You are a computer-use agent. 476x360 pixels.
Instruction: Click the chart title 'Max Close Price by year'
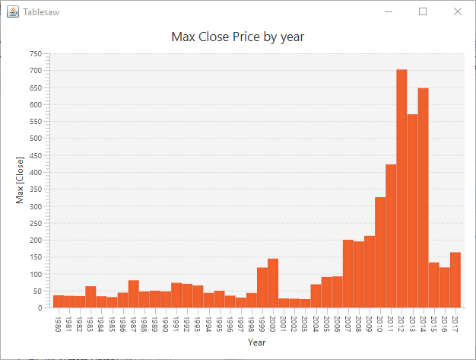pos(237,37)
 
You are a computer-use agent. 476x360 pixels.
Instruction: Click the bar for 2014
pos(423,198)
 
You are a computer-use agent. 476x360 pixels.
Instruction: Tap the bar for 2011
pos(391,236)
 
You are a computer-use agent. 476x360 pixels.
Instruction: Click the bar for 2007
pos(348,274)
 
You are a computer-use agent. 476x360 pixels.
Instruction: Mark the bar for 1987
pos(133,294)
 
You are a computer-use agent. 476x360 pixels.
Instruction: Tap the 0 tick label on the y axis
pos(39,308)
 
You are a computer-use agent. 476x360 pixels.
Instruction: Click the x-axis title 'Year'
pos(256,343)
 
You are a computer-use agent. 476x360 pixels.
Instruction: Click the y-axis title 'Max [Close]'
pos(20,180)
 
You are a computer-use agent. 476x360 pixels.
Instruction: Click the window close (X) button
pos(457,11)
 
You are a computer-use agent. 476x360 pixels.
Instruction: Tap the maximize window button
pos(423,11)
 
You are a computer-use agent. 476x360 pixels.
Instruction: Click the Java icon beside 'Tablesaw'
pos(13,12)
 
